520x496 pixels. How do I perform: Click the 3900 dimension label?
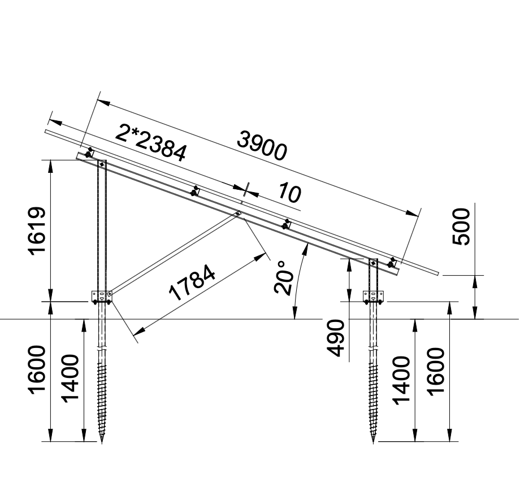click(x=262, y=145)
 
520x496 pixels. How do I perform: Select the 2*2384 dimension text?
click(x=151, y=143)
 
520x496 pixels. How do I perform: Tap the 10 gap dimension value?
click(x=289, y=193)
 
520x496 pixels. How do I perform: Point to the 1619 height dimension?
click(x=37, y=231)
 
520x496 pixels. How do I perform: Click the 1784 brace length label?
click(x=192, y=282)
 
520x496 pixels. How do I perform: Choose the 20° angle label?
click(x=284, y=277)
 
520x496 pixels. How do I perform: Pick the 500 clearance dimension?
click(x=461, y=227)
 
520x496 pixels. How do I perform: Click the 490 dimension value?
click(x=335, y=338)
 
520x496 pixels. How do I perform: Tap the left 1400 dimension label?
click(x=71, y=378)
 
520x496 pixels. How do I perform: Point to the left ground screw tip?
click(x=102, y=443)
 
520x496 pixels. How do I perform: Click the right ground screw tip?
click(x=374, y=443)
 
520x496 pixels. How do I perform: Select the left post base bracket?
click(x=102, y=297)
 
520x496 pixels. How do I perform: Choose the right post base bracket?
click(x=374, y=297)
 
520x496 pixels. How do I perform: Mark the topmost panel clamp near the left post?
click(x=89, y=153)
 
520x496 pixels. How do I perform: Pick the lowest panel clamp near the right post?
click(x=392, y=263)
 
